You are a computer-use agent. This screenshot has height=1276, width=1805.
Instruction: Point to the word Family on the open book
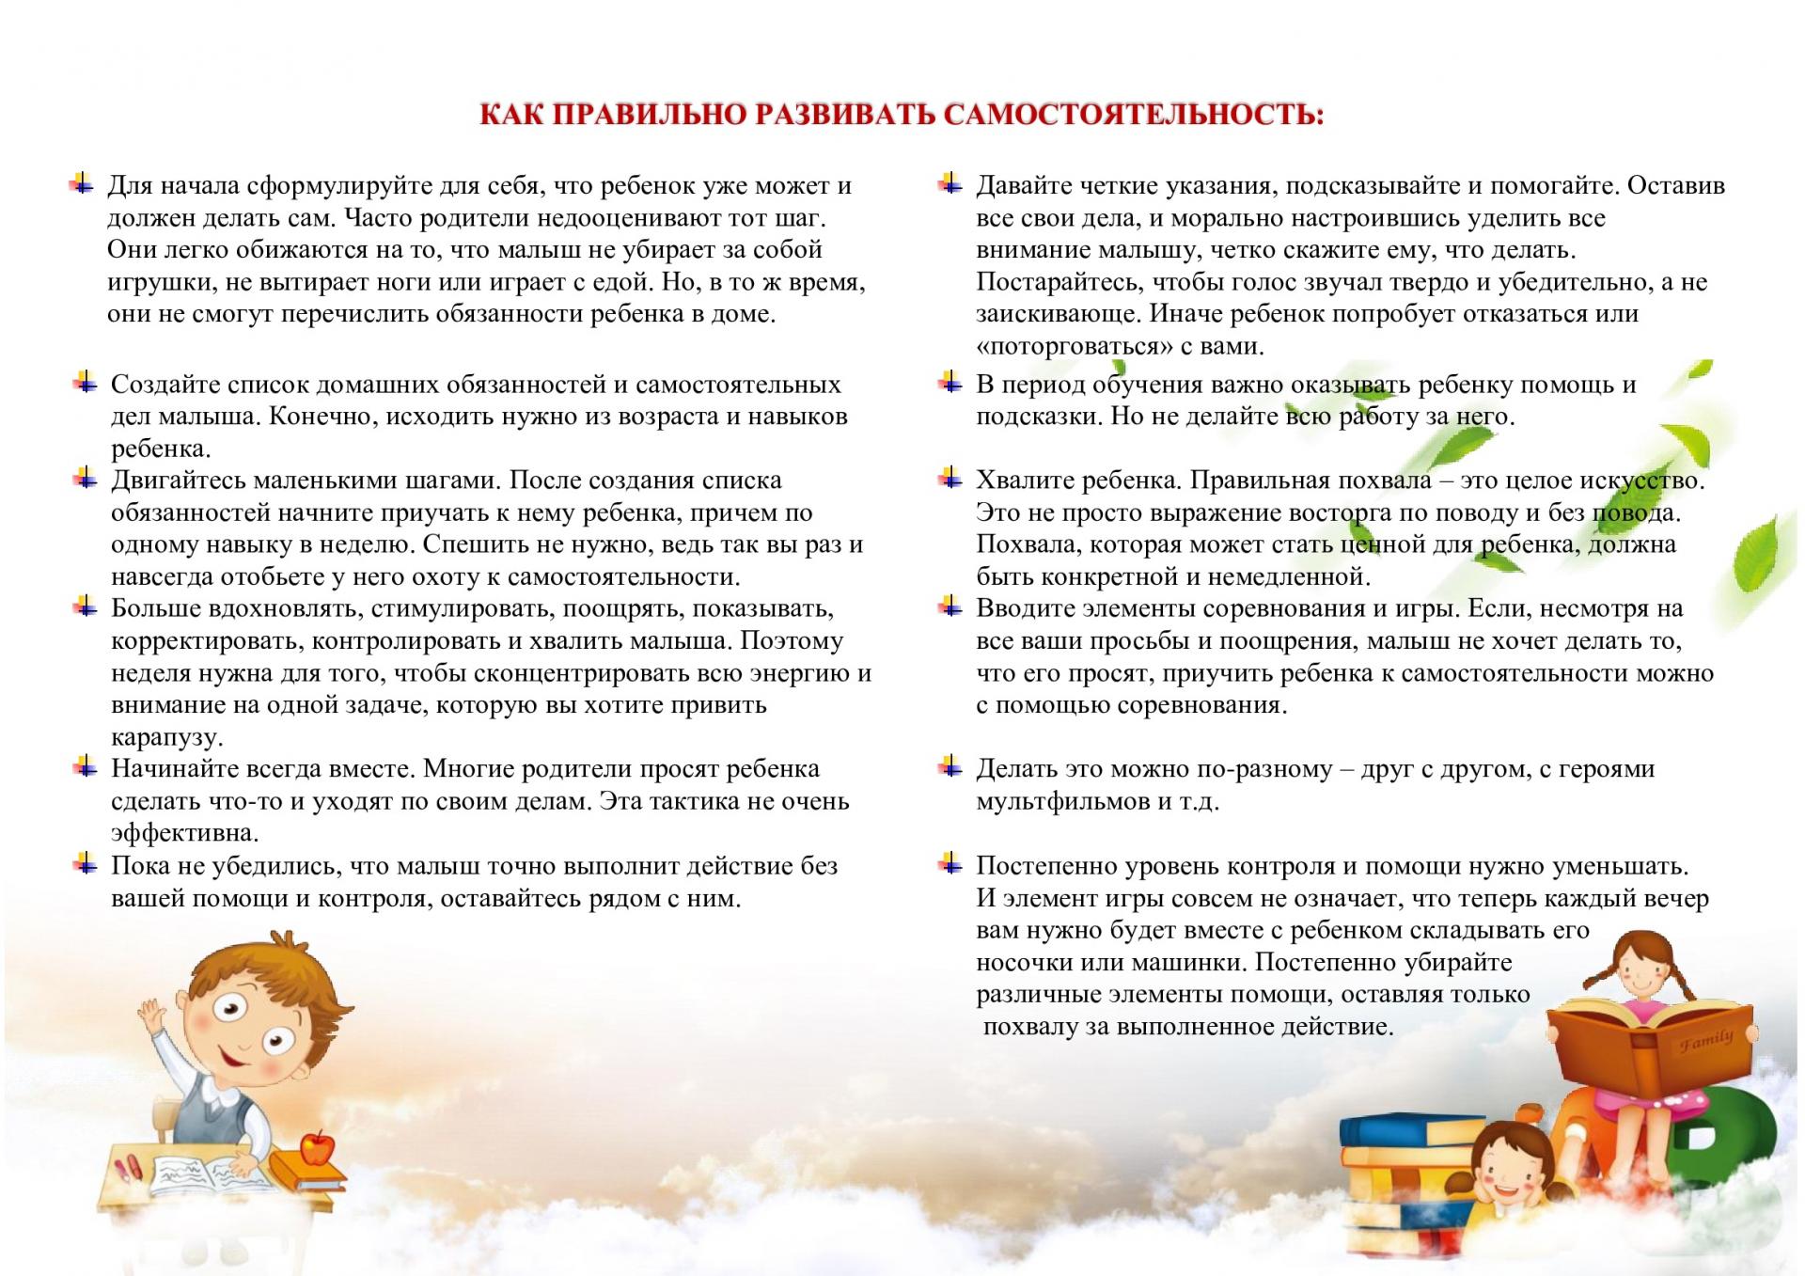(1706, 1041)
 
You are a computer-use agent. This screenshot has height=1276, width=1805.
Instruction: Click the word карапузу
(166, 737)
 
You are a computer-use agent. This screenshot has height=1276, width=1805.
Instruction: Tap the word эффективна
(184, 833)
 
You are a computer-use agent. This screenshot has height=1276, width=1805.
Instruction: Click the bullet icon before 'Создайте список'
(86, 383)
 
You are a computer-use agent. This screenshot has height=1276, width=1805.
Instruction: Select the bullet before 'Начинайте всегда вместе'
(86, 767)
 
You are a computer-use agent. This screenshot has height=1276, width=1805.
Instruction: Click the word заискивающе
(1058, 314)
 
